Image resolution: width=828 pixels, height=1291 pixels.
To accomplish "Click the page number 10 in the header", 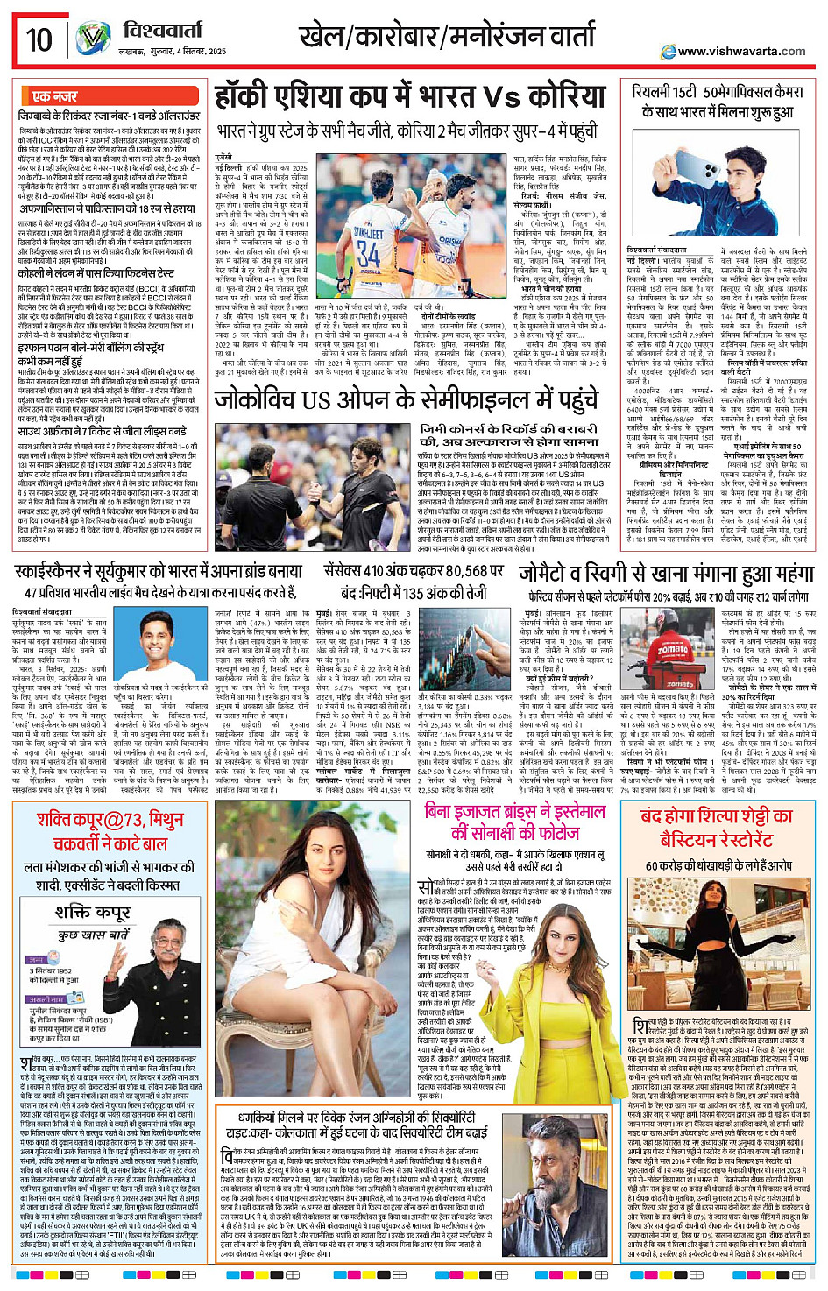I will click(x=39, y=39).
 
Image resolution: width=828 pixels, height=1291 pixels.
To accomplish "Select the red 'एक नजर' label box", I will click(x=53, y=96).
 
